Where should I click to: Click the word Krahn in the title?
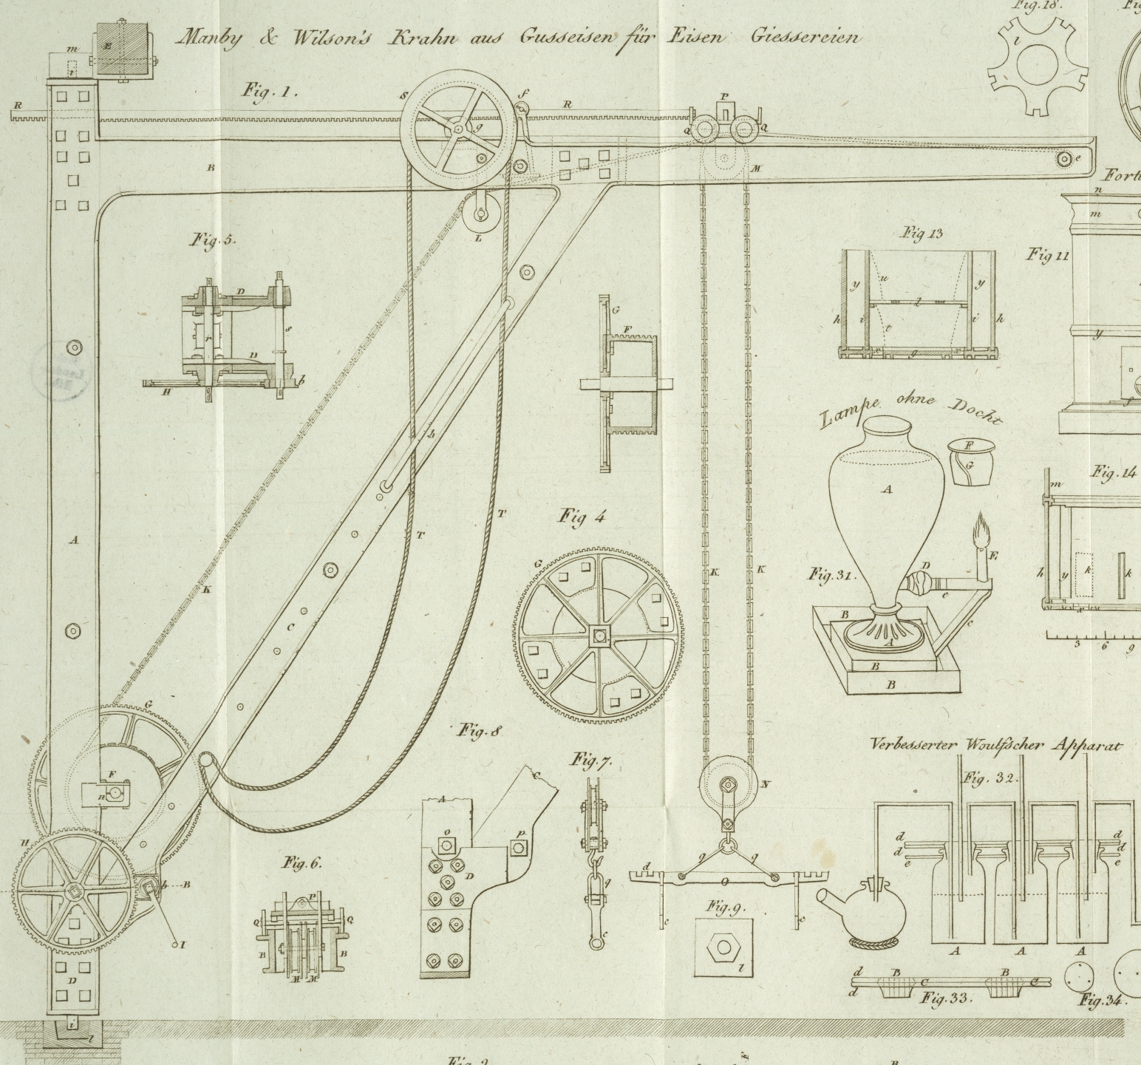424,37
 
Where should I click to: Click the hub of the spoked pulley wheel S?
457,129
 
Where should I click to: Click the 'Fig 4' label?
581,517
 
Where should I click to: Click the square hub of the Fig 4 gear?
597,634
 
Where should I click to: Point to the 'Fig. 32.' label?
991,778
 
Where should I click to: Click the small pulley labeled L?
480,214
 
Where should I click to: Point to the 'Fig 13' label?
922,234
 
